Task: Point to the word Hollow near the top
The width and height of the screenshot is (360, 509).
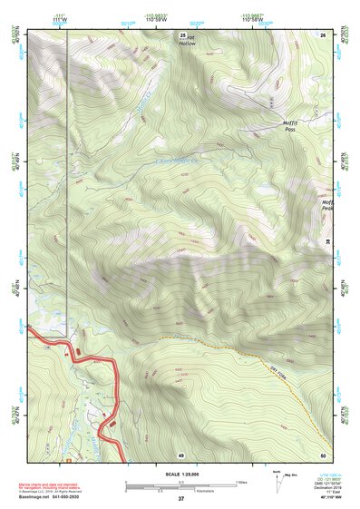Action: pos(187,43)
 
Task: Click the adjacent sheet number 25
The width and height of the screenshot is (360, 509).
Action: pos(181,33)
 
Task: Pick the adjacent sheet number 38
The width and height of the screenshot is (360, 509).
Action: pos(327,241)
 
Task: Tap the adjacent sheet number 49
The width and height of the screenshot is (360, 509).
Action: pos(181,454)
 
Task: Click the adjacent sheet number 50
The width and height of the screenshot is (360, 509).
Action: pos(323,454)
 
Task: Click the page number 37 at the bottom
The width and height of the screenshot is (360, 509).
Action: pos(181,499)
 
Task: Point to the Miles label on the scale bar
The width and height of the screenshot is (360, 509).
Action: pos(241,481)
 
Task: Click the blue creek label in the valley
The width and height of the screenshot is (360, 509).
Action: pos(177,162)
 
